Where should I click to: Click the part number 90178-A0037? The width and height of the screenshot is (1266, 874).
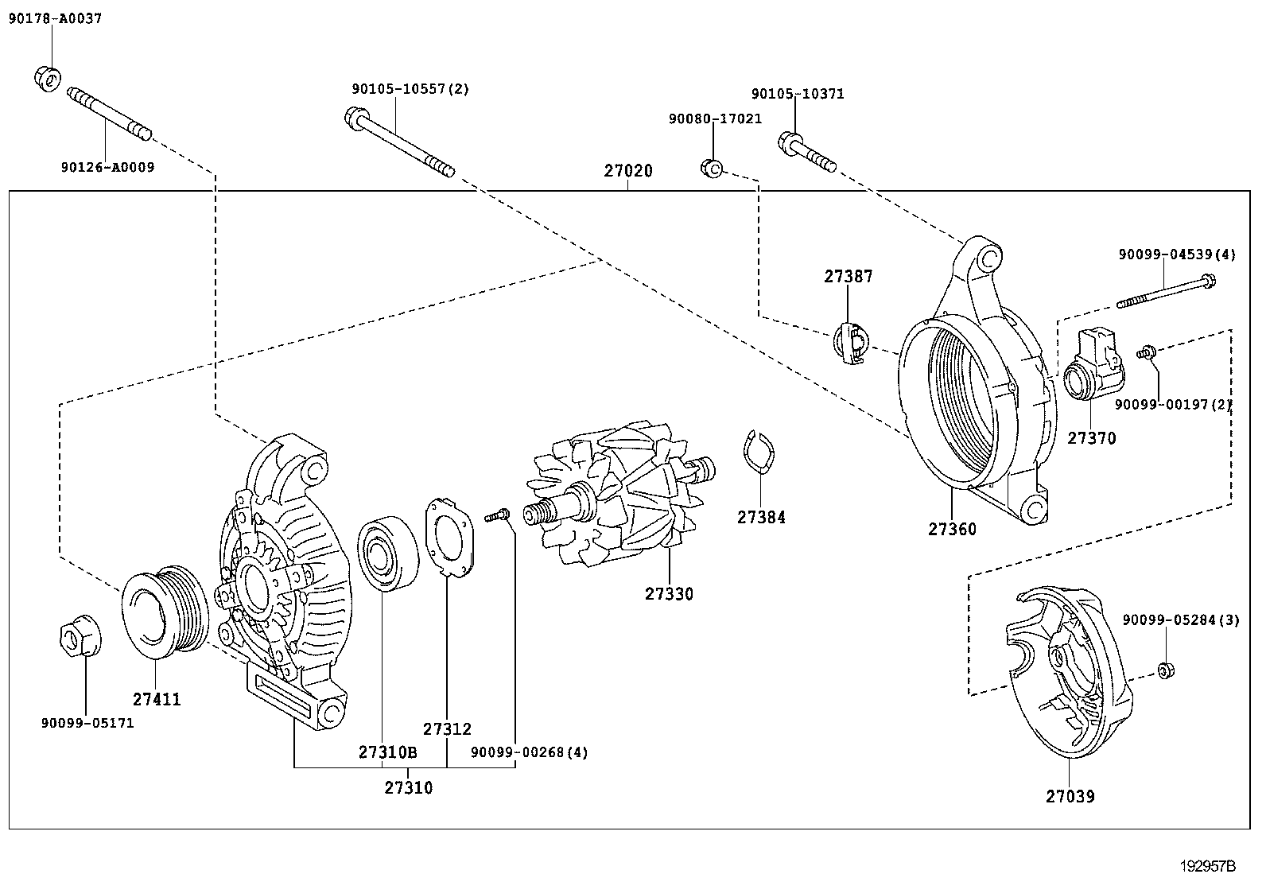point(55,18)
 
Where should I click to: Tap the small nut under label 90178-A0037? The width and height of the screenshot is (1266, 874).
point(47,76)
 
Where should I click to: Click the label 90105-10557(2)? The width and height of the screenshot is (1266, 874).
point(410,89)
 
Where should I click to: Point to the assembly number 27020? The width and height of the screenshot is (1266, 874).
point(627,171)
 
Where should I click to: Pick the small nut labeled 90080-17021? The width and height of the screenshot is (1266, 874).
point(711,168)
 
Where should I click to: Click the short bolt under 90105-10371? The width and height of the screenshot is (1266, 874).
point(806,154)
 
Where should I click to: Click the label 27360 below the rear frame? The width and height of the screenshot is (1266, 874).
point(952,529)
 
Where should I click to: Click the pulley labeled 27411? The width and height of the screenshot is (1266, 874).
point(163,612)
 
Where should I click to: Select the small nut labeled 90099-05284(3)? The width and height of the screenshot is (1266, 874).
point(1166,670)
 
